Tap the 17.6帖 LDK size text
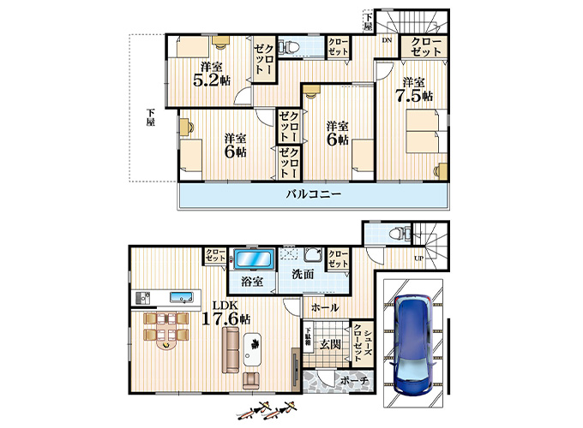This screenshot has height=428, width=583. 226,318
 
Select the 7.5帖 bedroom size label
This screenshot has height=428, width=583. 414,95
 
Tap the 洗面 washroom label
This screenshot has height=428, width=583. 303,274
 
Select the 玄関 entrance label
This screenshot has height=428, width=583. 331,344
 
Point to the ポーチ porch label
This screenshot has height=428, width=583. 353,379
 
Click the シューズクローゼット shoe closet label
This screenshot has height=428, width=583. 361,341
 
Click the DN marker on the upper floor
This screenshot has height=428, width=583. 387,40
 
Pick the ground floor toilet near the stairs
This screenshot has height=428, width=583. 395,234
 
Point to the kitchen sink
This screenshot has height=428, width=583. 180,298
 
